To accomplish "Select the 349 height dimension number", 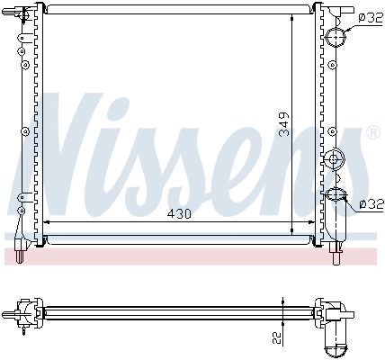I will click(283, 123).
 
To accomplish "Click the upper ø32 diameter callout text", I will click(370, 16).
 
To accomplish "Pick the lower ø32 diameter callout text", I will click(370, 205).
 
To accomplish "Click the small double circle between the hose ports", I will click(336, 159).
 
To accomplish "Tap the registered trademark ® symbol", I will click(372, 133).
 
